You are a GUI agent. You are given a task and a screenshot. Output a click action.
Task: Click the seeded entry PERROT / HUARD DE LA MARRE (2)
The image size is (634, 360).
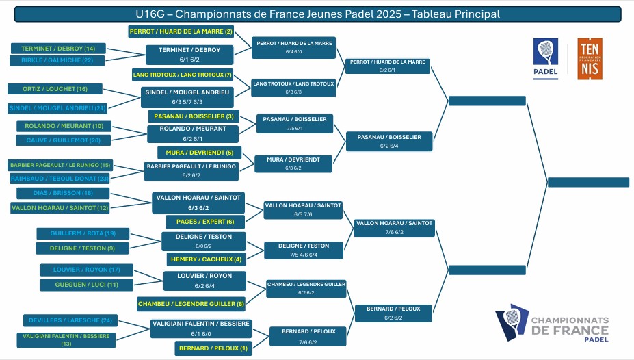(x=181, y=31)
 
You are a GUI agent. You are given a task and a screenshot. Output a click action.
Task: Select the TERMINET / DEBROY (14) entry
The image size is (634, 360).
(x=57, y=49)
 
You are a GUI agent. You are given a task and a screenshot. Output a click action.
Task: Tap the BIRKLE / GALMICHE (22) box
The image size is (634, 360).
(x=57, y=60)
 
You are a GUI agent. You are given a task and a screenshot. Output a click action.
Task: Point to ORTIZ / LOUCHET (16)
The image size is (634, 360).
(x=55, y=89)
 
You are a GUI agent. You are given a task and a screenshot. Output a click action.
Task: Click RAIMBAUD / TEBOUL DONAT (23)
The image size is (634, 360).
(x=60, y=178)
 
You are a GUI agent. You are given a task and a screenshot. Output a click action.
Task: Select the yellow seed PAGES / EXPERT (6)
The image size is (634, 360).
(x=200, y=222)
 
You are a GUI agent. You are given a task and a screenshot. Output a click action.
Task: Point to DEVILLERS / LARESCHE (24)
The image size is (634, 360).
(x=70, y=320)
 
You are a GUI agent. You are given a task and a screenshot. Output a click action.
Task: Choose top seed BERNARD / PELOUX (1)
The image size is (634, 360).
(x=213, y=348)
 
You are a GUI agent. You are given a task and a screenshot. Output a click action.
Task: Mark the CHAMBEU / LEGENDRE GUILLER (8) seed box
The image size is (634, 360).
(x=191, y=303)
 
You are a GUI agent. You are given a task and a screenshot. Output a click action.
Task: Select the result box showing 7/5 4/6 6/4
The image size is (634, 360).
(x=304, y=250)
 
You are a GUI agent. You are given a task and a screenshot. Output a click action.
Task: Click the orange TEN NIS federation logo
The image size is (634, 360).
(x=590, y=59)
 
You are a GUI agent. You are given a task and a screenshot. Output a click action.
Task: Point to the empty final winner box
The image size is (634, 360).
(x=588, y=182)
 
